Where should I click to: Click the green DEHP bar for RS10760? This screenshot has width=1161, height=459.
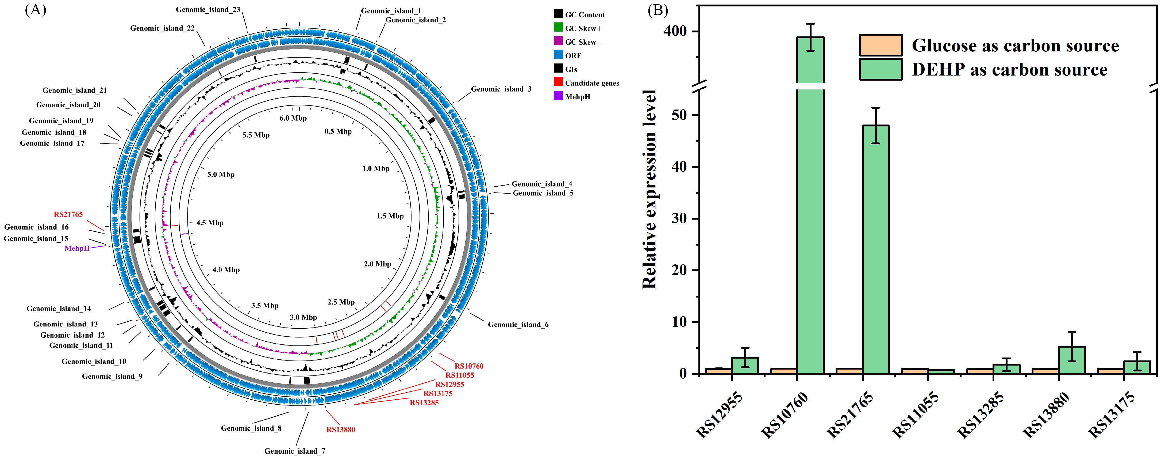pyautogui.click(x=810, y=203)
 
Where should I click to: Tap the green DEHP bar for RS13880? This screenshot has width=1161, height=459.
pyautogui.click(x=1072, y=360)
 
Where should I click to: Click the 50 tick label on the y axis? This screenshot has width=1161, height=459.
pyautogui.click(x=679, y=115)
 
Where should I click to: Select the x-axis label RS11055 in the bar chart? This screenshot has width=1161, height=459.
pyautogui.click(x=915, y=414)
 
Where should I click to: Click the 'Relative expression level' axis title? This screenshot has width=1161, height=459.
pyautogui.click(x=649, y=190)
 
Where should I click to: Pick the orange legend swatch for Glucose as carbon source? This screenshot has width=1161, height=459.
pyautogui.click(x=880, y=45)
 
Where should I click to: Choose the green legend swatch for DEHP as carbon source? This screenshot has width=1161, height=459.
pyautogui.click(x=880, y=69)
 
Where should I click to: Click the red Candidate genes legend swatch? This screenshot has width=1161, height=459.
pyautogui.click(x=558, y=82)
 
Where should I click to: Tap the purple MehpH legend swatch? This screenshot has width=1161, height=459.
pyautogui.click(x=558, y=96)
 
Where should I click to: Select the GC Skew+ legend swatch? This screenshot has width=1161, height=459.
pyautogui.click(x=558, y=28)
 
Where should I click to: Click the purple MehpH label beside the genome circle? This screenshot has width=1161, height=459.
pyautogui.click(x=77, y=248)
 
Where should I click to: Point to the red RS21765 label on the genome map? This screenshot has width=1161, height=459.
pyautogui.click(x=68, y=215)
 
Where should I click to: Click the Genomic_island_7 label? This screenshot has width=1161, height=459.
pyautogui.click(x=295, y=451)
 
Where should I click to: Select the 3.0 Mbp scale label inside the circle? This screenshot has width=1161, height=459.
pyautogui.click(x=303, y=317)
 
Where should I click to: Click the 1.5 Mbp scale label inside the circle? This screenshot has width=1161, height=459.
pyautogui.click(x=390, y=216)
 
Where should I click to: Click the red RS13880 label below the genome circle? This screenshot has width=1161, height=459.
pyautogui.click(x=341, y=429)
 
